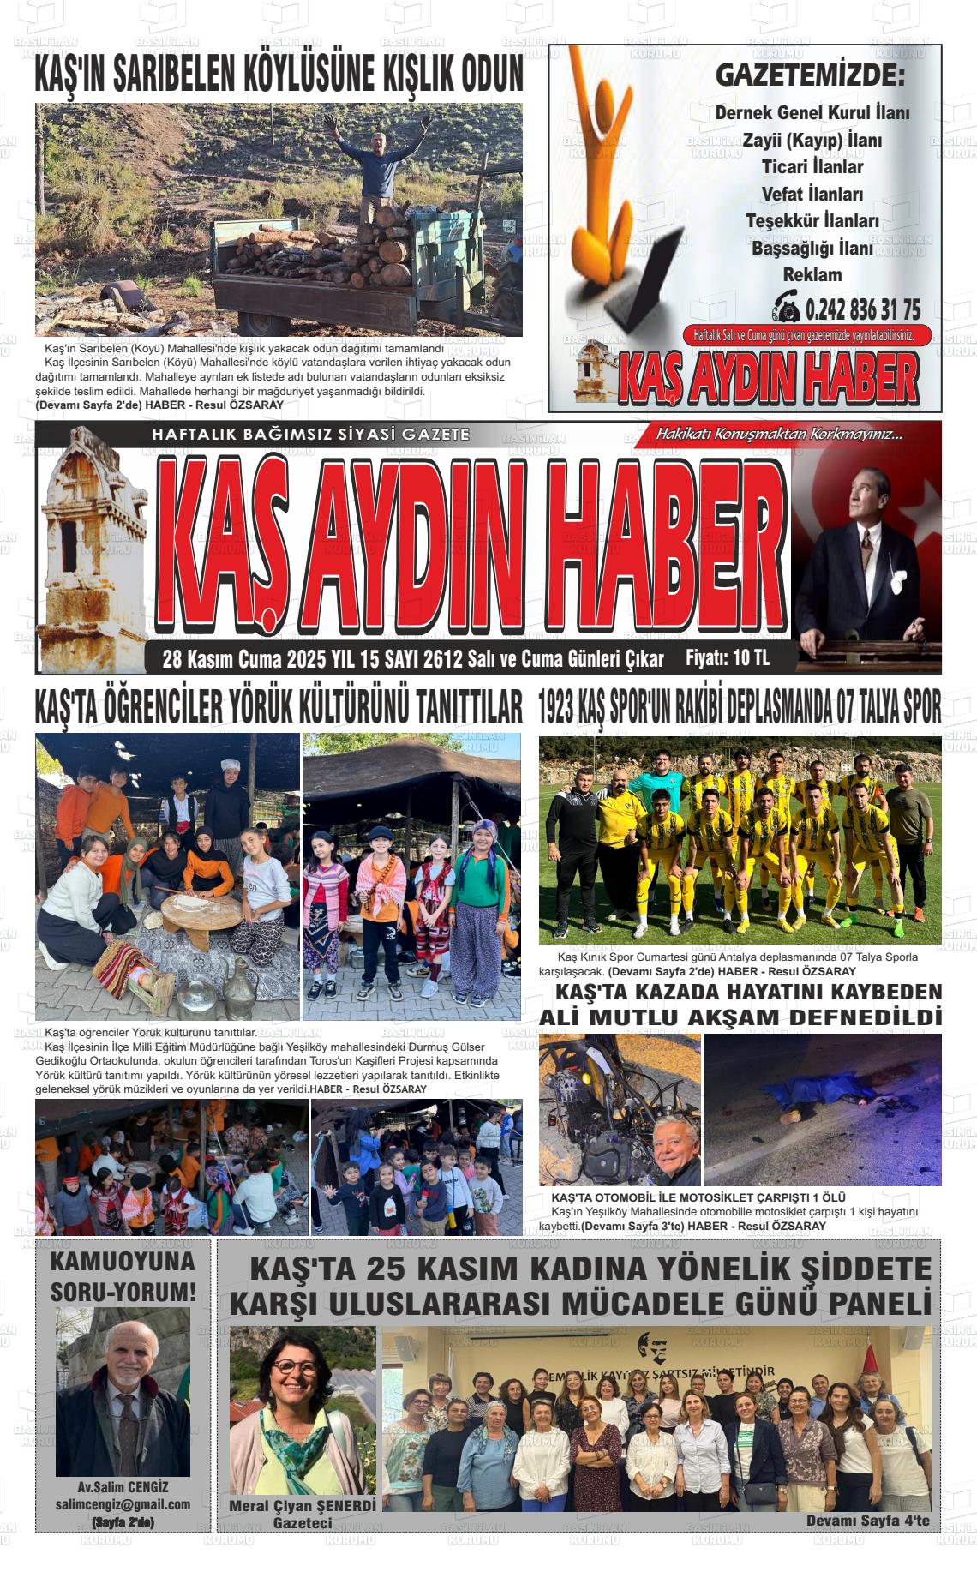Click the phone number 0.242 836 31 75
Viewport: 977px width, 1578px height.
(x=863, y=309)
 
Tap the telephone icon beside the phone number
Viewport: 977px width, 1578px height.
(x=785, y=306)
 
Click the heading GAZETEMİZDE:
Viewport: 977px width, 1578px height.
(x=809, y=75)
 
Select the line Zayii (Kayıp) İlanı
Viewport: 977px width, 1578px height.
(x=812, y=140)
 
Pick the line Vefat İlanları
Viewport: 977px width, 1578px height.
(x=812, y=194)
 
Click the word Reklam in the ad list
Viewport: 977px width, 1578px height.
(x=812, y=275)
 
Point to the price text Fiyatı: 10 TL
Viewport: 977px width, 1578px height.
(x=727, y=658)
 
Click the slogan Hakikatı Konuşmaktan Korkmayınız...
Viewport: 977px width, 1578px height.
(x=779, y=434)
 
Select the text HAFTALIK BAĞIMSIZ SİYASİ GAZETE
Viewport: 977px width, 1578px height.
(x=310, y=435)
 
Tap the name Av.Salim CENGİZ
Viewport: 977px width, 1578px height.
(x=123, y=1487)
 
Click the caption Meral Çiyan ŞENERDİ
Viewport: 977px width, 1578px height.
(x=303, y=1505)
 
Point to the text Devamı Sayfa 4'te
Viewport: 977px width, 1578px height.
(x=867, y=1521)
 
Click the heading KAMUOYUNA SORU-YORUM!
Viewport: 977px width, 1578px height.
(x=123, y=1276)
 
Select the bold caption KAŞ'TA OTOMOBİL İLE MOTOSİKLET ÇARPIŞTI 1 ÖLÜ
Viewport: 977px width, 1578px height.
(x=698, y=1197)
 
